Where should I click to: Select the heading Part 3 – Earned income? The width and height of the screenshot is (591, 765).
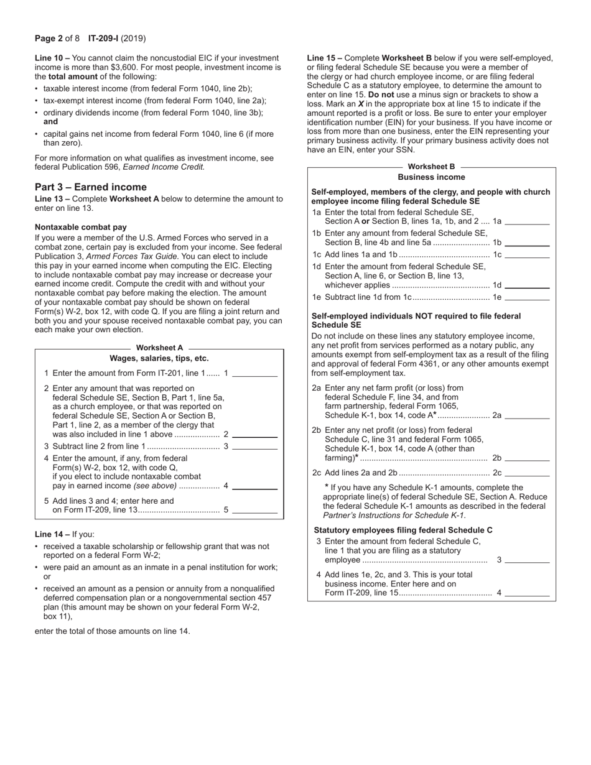click(91, 187)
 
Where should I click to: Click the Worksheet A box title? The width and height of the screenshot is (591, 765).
click(160, 348)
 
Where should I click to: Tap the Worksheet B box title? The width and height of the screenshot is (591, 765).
click(431, 167)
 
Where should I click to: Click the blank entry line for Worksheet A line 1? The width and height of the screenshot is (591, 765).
click(254, 374)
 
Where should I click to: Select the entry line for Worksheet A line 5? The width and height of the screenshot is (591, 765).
click(254, 510)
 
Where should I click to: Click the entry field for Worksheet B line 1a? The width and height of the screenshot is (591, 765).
click(528, 221)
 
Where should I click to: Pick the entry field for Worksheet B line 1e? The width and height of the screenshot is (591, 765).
click(528, 297)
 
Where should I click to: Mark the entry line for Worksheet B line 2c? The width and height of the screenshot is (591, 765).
click(528, 473)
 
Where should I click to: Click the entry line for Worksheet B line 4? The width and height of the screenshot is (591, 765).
click(528, 593)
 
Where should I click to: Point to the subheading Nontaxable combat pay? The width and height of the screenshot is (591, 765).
click(81, 227)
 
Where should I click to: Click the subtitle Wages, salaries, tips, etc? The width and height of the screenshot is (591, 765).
click(159, 358)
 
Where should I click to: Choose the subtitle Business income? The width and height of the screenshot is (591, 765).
click(431, 177)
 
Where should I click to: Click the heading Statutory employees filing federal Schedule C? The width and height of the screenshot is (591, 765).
click(403, 531)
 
